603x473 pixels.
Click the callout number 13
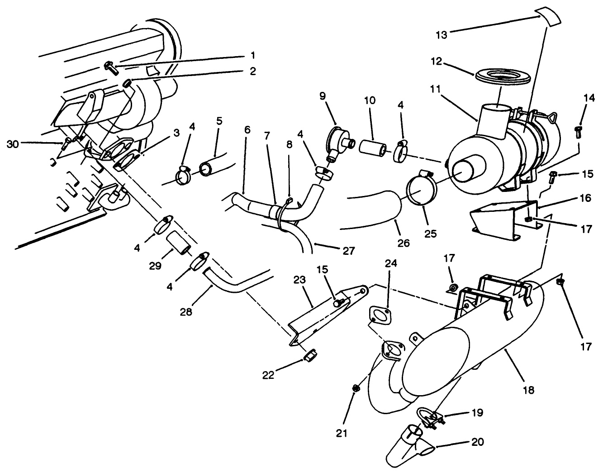pos(441,34)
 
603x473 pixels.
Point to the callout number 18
pos(529,389)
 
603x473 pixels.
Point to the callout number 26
pos(404,243)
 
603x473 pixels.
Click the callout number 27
pos(349,250)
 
